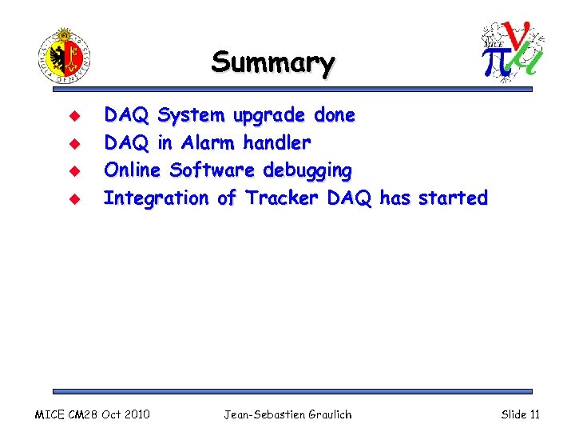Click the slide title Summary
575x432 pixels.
[x=272, y=62]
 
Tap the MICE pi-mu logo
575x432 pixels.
[x=513, y=50]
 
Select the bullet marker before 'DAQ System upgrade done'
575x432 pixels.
[x=69, y=116]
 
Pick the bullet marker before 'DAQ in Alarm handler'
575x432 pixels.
[x=69, y=143]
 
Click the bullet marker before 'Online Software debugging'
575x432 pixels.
[x=69, y=171]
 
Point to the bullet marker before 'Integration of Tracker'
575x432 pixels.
[x=69, y=198]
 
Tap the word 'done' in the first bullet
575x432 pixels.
[x=335, y=115]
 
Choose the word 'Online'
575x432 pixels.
[x=133, y=170]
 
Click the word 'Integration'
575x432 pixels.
[x=157, y=198]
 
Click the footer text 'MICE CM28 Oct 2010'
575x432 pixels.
[x=93, y=414]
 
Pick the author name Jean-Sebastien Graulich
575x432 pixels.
[x=287, y=414]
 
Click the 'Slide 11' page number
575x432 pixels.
[x=520, y=414]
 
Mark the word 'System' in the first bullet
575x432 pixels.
[x=192, y=116]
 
